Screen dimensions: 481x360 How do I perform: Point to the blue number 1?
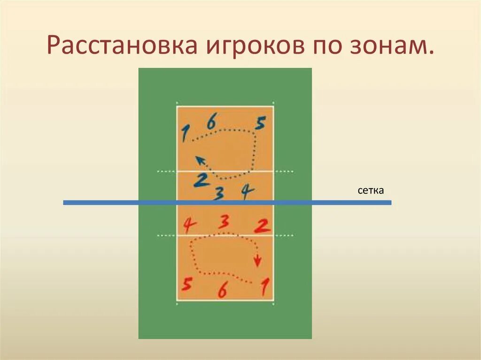point(184,133)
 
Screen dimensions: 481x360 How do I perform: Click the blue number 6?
point(211,123)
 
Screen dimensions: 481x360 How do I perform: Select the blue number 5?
point(260,123)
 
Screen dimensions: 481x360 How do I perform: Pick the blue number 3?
point(218,193)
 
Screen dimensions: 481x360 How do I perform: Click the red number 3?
point(225,221)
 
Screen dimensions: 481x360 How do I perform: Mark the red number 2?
point(262,226)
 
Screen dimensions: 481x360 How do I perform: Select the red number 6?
point(222,291)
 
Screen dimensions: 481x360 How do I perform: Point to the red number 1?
point(265,286)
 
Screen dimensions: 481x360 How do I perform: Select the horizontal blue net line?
point(329,202)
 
